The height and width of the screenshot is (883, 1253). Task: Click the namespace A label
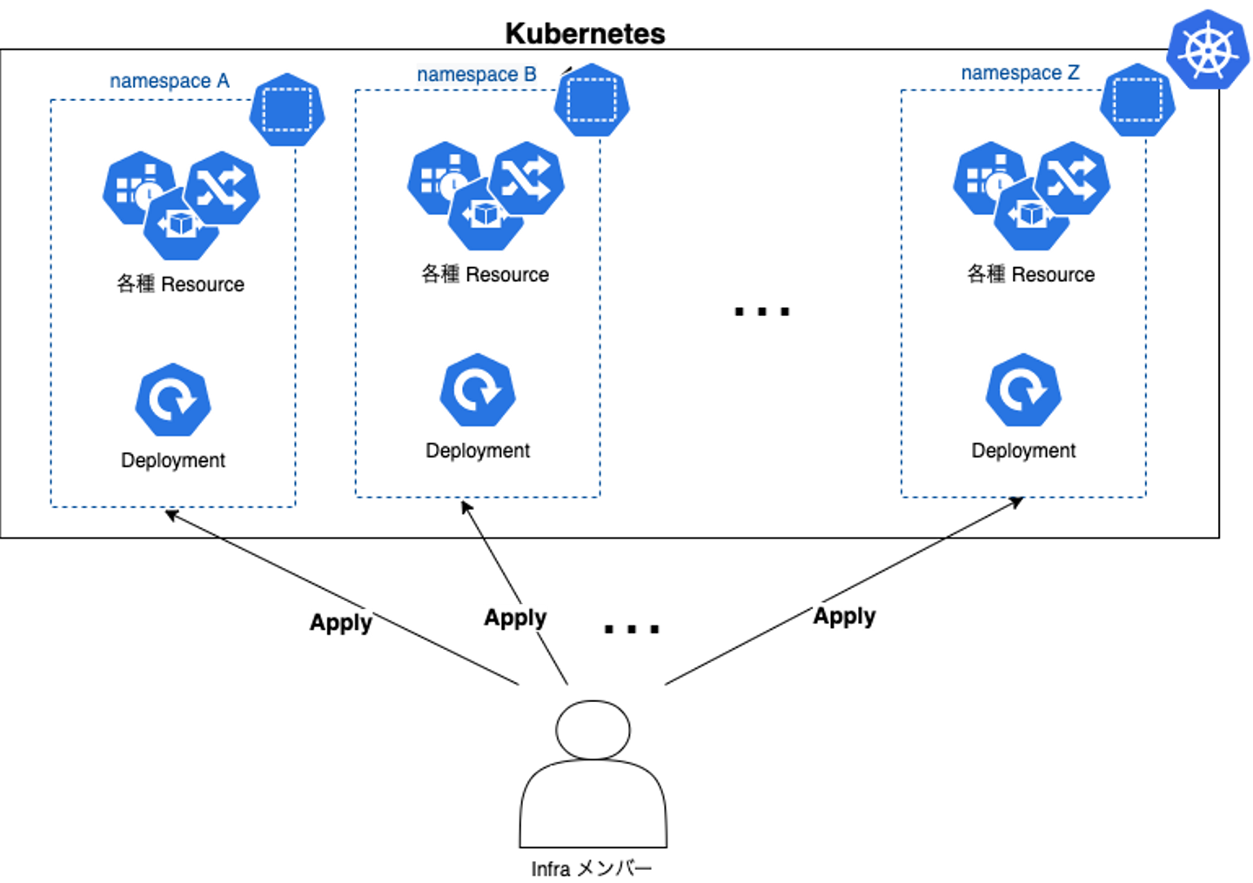click(x=171, y=81)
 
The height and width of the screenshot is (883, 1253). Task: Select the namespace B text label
click(x=476, y=75)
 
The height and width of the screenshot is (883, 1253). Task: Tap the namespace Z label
click(x=1020, y=73)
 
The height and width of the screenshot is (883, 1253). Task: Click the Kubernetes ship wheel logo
click(x=1208, y=50)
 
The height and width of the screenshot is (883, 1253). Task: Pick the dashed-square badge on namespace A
click(x=287, y=110)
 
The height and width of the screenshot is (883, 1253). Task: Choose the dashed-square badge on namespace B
click(x=593, y=100)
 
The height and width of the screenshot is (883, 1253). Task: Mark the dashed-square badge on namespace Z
click(x=1138, y=100)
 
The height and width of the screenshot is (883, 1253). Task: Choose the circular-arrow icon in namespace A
click(x=173, y=400)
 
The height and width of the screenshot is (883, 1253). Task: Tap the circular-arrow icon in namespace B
click(x=478, y=391)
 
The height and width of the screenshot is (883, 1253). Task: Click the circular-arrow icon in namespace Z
click(x=1023, y=391)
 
